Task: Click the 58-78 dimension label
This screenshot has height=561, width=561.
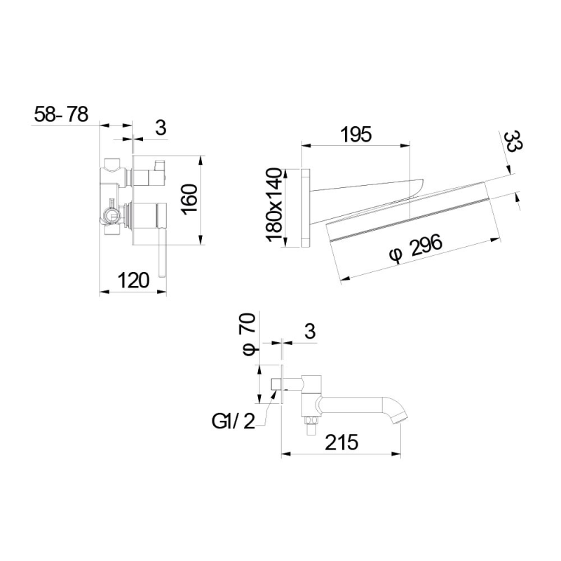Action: point(61,114)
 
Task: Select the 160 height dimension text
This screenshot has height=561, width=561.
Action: point(189,199)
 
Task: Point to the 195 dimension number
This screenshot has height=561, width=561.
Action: point(356,135)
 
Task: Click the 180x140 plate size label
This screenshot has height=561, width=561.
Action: point(275,205)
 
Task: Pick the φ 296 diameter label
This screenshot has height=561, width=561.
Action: point(416,248)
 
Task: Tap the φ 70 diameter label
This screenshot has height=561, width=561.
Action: point(248,334)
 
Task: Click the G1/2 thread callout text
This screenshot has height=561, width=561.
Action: point(234,422)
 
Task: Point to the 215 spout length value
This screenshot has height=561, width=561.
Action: point(342,442)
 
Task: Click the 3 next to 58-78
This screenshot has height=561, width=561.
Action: point(161,128)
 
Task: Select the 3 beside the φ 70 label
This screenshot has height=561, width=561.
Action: point(310,331)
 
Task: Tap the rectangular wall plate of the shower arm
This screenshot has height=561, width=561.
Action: point(306,208)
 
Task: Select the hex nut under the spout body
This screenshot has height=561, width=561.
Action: point(311,420)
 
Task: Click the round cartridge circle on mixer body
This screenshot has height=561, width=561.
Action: point(109,216)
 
